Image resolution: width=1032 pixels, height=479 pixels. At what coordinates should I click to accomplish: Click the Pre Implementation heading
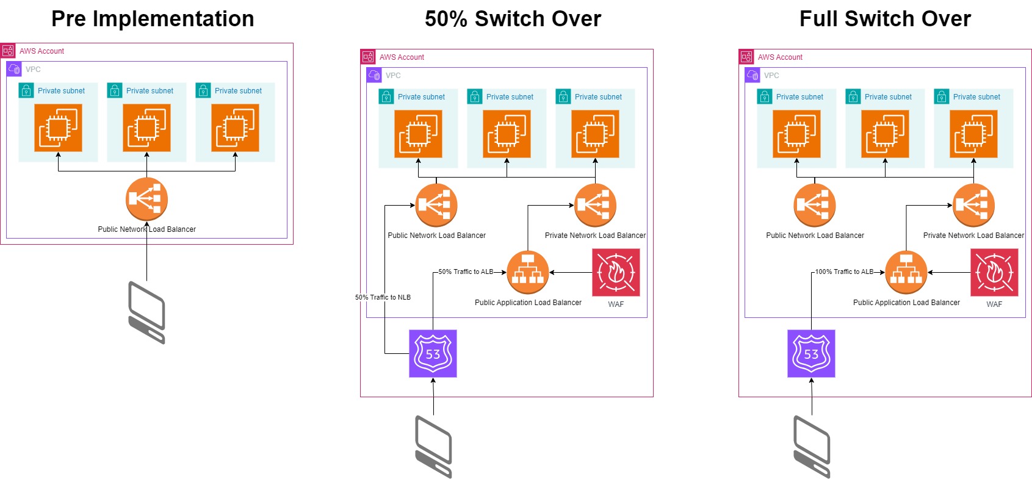153,19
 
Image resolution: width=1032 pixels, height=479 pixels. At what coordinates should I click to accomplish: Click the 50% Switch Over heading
513,19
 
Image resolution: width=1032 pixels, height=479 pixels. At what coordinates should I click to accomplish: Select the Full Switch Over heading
885,19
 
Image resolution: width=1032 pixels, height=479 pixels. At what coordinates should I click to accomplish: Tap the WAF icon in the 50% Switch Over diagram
616,273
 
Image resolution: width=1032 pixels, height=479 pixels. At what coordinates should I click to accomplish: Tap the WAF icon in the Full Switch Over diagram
994,273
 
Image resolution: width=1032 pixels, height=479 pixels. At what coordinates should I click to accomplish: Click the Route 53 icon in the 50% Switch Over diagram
433,354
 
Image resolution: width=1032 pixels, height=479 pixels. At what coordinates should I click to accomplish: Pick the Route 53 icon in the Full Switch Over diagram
811,354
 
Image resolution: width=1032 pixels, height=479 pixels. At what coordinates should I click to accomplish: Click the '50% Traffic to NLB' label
383,298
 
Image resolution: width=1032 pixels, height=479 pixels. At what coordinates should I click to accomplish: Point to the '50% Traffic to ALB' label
466,272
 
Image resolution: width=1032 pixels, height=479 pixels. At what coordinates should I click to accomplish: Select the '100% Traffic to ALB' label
844,272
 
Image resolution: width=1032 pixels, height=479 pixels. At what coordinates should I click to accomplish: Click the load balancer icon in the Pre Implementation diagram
146,199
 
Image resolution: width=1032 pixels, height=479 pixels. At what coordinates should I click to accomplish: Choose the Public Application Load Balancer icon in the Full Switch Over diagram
906,273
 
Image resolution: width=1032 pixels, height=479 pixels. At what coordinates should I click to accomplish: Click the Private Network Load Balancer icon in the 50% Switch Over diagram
595,205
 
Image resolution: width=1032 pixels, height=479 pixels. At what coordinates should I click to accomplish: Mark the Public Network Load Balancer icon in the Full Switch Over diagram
815,205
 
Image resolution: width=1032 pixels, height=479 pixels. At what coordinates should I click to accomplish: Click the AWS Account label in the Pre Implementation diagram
41,51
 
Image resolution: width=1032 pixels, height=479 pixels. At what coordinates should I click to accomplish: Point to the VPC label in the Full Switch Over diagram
771,76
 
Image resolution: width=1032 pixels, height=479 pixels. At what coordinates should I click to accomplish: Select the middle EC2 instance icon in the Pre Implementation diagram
146,128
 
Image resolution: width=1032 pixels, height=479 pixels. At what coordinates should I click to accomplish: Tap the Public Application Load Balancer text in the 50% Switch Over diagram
528,303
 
